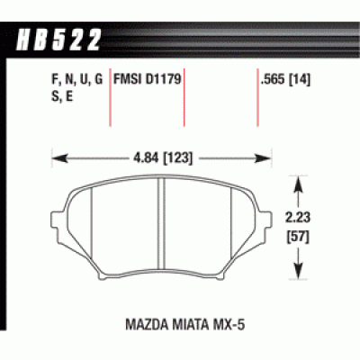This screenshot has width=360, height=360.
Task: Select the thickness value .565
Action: click(x=272, y=80)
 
